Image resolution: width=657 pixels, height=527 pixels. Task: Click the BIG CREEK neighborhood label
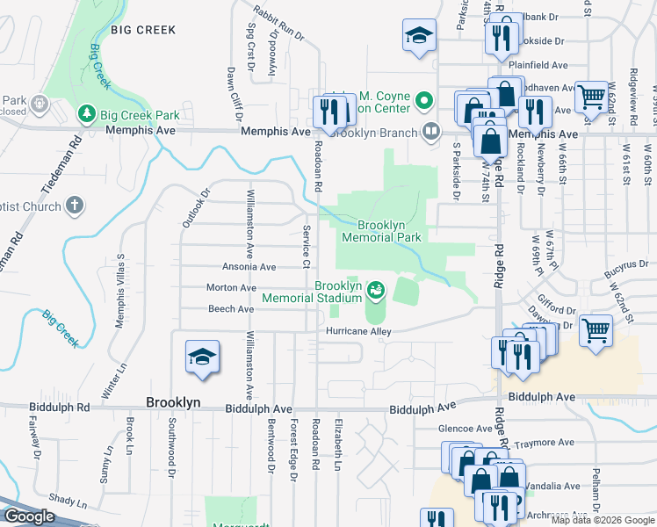click(143, 30)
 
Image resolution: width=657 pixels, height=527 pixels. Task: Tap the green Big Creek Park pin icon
click(87, 114)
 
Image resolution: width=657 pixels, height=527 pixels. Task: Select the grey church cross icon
click(75, 206)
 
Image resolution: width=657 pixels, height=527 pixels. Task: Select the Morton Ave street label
click(231, 288)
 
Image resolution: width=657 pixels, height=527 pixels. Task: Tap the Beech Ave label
click(231, 309)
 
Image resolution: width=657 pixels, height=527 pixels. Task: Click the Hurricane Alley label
click(358, 331)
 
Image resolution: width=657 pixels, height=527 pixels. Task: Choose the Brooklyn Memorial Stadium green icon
click(376, 288)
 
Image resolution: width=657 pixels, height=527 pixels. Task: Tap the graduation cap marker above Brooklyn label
click(202, 357)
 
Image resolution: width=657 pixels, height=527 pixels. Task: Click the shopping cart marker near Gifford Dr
click(596, 331)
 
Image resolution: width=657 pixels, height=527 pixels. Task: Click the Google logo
click(30, 516)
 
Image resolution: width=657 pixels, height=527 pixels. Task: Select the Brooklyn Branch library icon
click(431, 132)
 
